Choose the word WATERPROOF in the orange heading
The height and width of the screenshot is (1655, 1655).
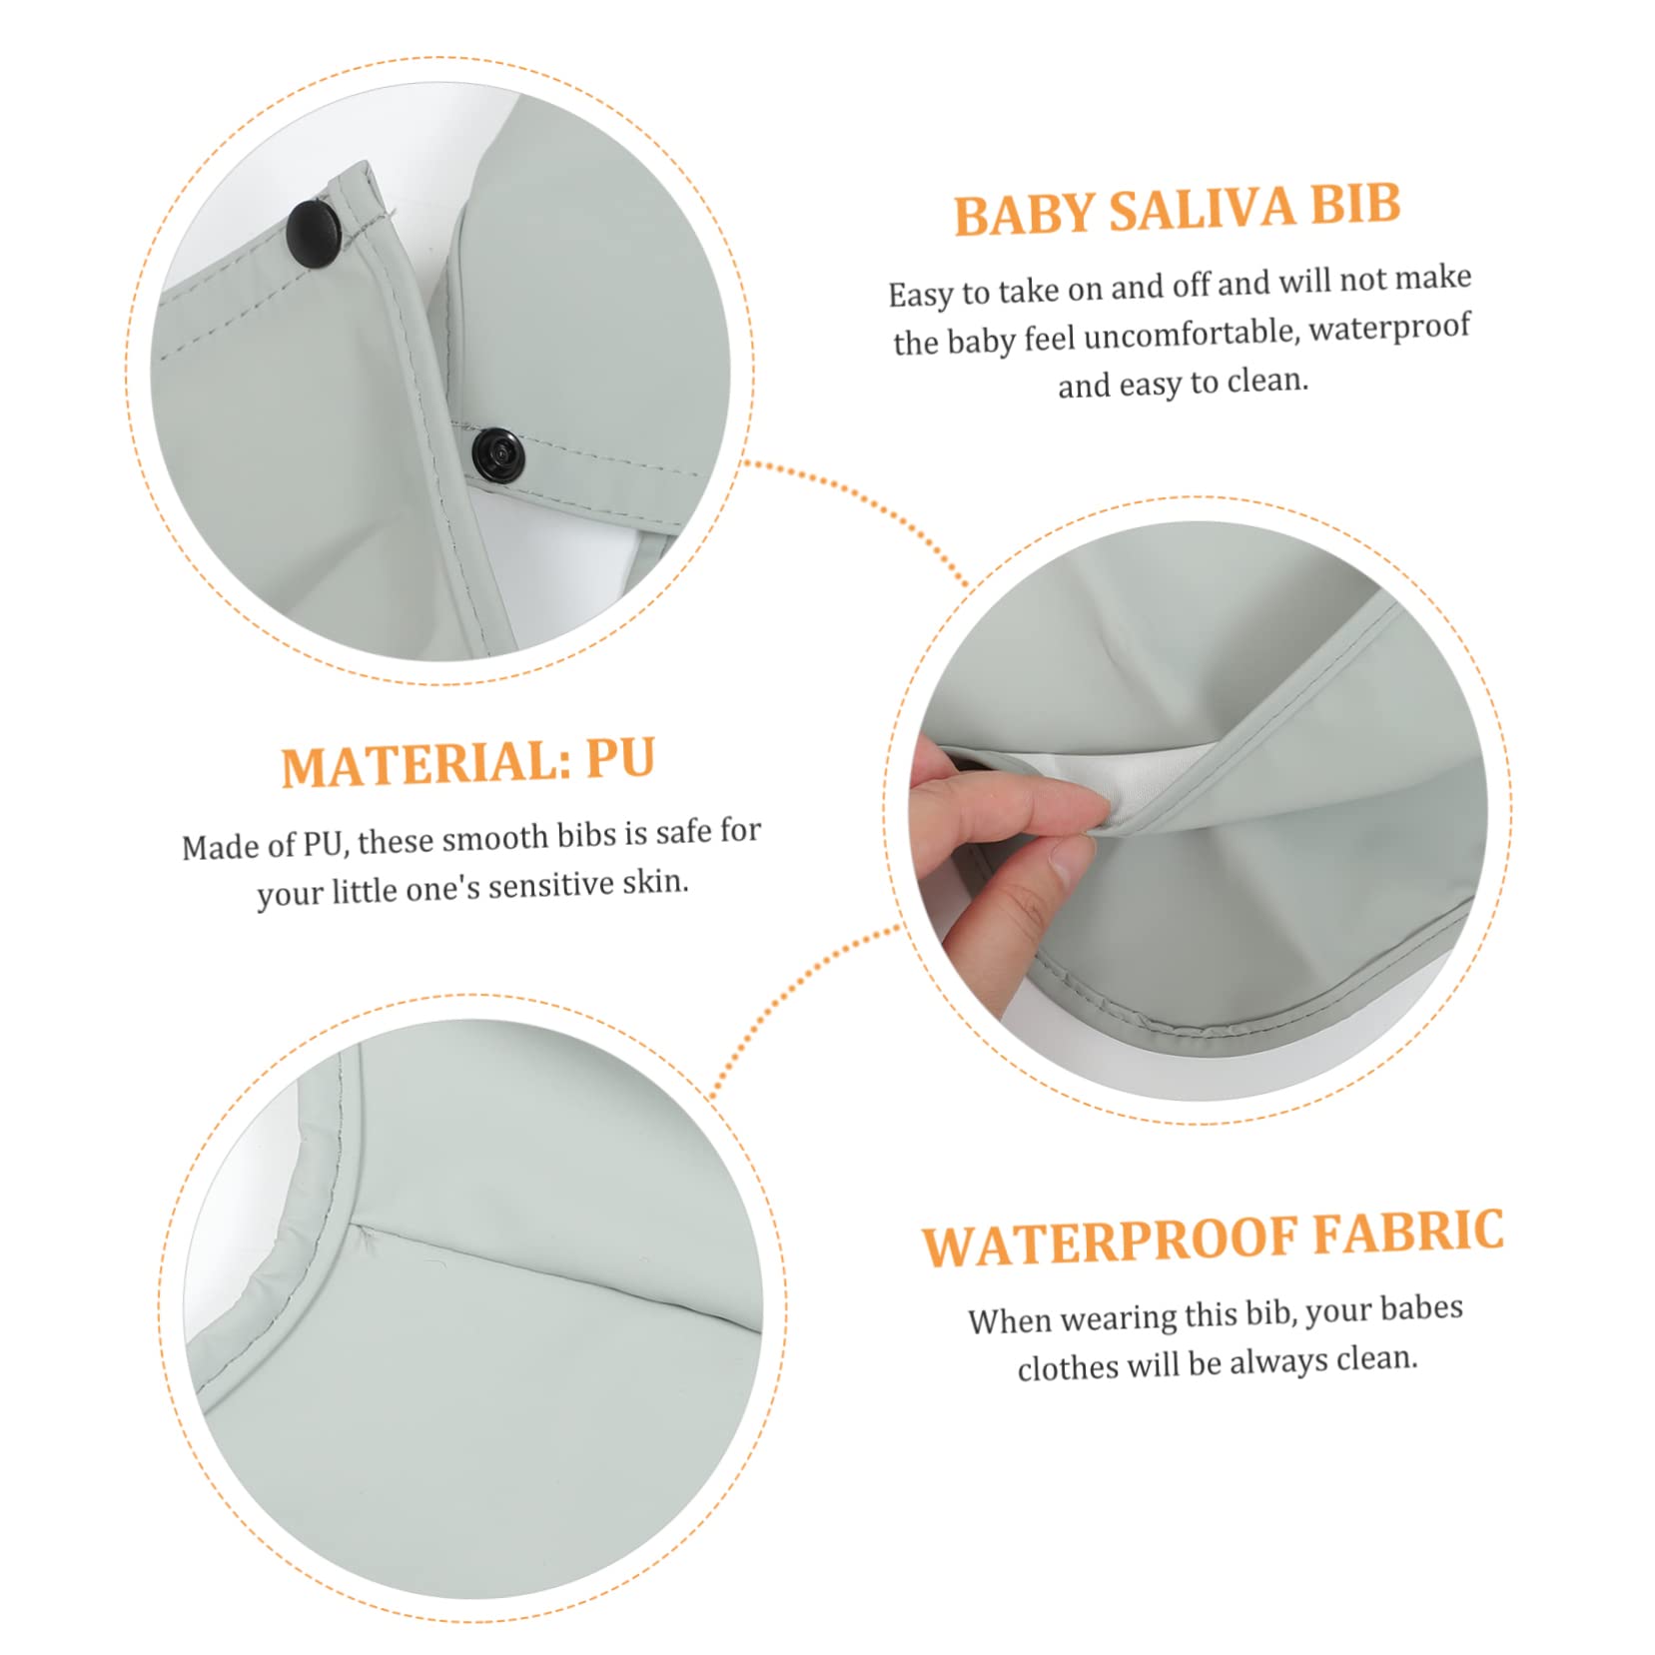tap(1110, 1241)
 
